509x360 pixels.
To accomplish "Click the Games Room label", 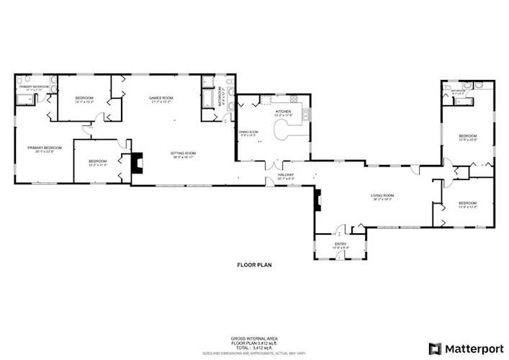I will pos(162,99).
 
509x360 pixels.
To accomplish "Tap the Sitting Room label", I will pos(184,153).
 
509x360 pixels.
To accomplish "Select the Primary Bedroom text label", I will pos(45,148).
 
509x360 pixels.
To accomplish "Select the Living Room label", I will pos(381,196).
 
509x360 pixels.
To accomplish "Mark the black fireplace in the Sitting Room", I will pos(137,163).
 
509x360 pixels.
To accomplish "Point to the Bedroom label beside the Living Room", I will pos(467,204).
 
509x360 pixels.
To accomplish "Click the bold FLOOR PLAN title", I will pos(254,265).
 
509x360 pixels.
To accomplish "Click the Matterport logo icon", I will pos(434,348).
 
